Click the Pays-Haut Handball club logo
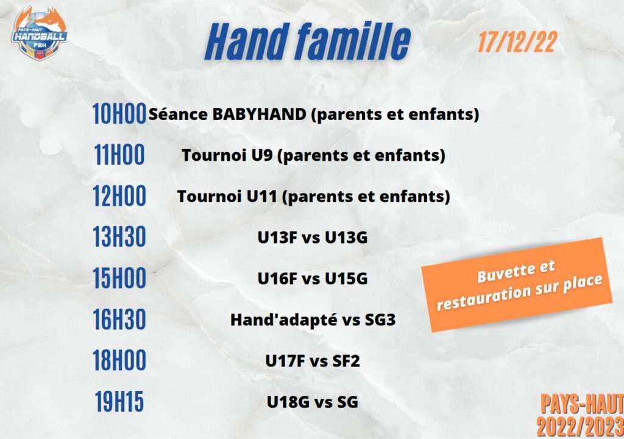(x=40, y=33)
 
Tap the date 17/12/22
(x=517, y=42)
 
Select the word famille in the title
(x=354, y=41)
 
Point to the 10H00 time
(x=119, y=114)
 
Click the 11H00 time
(x=119, y=155)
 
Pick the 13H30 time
(x=119, y=237)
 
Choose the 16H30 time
(x=119, y=319)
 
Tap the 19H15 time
(x=119, y=401)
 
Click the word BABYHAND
(x=259, y=114)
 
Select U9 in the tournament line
(x=262, y=155)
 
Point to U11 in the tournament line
(x=261, y=197)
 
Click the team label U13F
(x=277, y=237)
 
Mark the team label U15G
(x=346, y=279)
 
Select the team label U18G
(x=288, y=402)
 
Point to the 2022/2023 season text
(x=580, y=427)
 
